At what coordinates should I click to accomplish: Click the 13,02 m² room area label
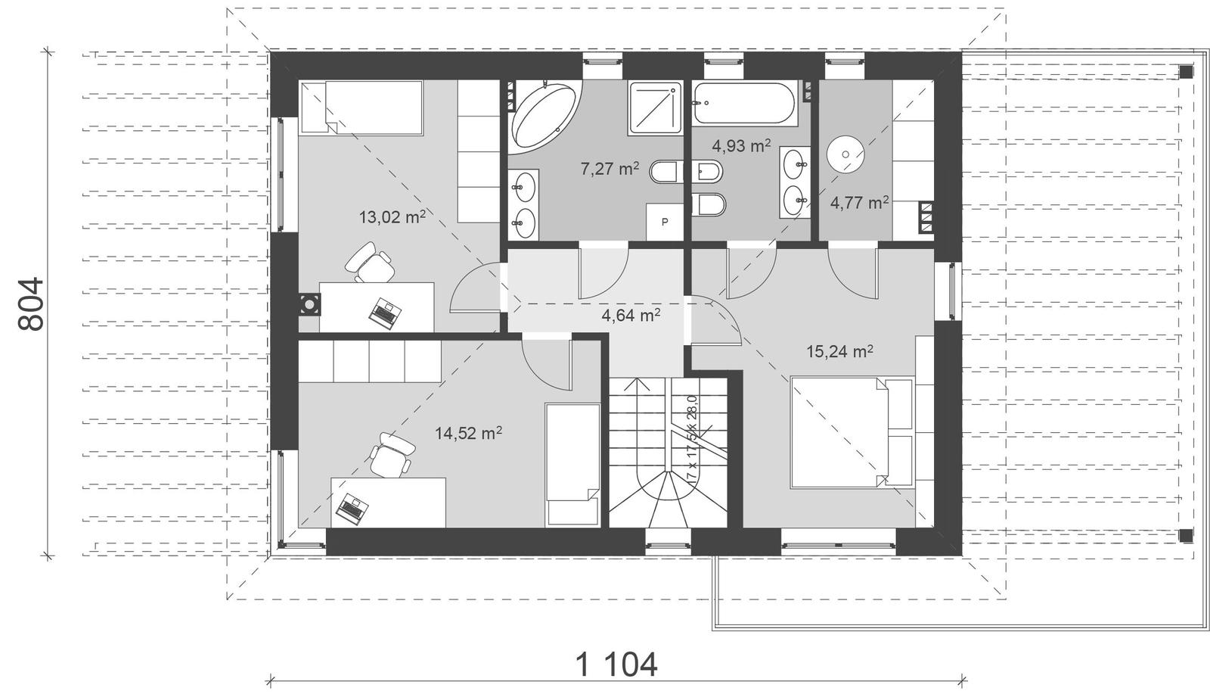point(391,218)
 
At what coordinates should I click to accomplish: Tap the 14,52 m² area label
point(468,433)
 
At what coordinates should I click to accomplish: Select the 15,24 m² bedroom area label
point(839,351)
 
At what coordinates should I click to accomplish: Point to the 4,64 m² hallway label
point(631,314)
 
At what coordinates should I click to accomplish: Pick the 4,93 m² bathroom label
point(741,146)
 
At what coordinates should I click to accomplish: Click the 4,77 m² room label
point(859,203)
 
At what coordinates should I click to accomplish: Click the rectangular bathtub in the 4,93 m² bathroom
point(745,104)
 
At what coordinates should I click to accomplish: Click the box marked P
point(665,222)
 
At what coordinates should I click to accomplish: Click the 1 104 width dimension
point(616,665)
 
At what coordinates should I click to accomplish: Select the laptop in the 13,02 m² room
point(385,312)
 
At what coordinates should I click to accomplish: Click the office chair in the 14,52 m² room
point(392,454)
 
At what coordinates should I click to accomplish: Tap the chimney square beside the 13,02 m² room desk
point(309,305)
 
